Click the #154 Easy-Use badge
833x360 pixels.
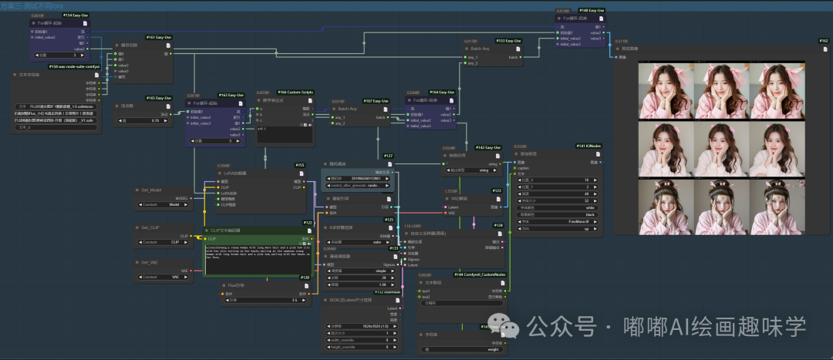point(75,15)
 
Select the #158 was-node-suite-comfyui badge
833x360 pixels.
point(73,67)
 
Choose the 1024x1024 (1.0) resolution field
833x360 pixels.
point(363,327)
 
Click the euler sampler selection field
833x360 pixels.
point(363,241)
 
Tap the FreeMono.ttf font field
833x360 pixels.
point(555,221)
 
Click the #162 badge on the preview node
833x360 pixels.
point(823,41)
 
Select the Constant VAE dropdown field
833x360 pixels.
point(163,277)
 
